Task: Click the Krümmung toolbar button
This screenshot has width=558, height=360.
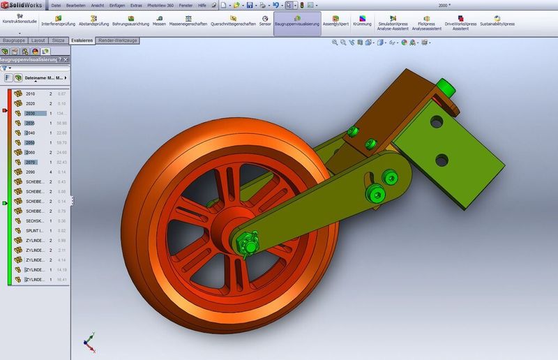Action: pos(362,20)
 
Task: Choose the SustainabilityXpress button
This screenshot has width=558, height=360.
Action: pos(497,20)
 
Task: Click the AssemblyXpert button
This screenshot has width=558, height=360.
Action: pos(335,20)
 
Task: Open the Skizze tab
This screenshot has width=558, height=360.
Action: pos(59,41)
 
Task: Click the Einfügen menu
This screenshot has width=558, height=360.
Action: pos(117,5)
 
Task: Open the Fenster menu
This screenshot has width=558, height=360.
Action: pos(186,5)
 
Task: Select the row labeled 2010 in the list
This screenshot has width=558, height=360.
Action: pos(30,93)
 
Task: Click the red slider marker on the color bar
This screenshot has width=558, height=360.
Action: pos(6,111)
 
